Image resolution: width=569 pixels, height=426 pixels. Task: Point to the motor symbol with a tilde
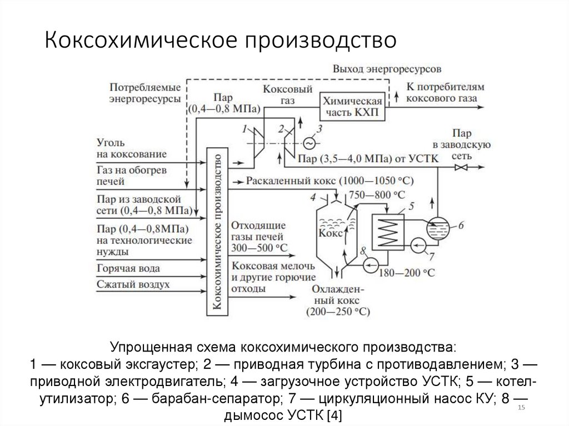coord(309,143)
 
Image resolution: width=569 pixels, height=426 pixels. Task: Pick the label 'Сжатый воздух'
coord(133,284)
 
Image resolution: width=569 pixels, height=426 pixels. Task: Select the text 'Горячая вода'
coord(128,268)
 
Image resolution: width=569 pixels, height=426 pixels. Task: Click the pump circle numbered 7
coord(419,244)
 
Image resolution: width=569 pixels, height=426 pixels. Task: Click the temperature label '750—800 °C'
coord(376,194)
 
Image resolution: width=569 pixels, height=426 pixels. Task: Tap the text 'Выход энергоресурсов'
coord(387,69)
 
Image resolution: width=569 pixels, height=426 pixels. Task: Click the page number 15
coord(521,409)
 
